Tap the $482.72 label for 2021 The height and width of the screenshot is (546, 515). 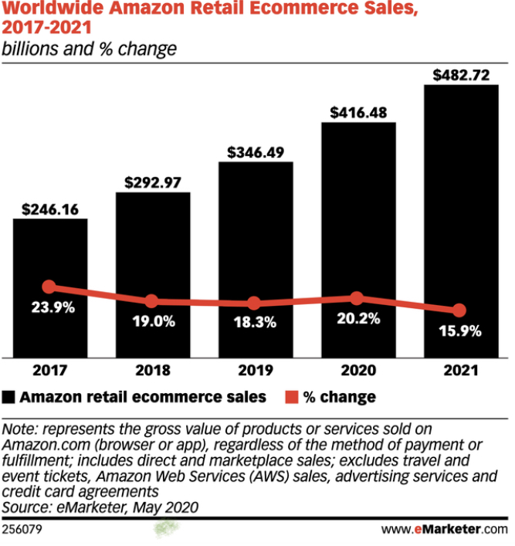[460, 75]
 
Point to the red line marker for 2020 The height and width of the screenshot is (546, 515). [357, 298]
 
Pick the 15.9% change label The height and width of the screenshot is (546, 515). [460, 331]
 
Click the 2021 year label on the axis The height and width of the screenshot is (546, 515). [460, 371]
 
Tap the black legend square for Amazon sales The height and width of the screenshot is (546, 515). [9, 397]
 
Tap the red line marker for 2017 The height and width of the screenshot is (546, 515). [49, 287]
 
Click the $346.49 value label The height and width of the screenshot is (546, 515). [256, 151]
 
